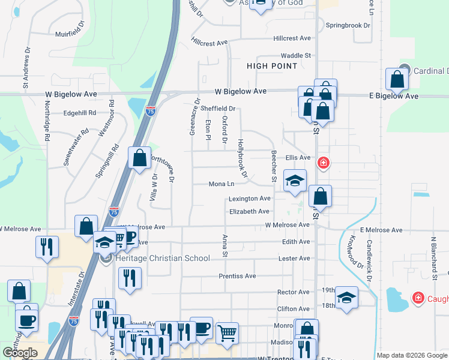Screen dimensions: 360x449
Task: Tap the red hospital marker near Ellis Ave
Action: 324,163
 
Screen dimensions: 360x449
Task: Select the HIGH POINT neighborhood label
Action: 271,66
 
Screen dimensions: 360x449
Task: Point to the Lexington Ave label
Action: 249,199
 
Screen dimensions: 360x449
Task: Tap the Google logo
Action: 20,353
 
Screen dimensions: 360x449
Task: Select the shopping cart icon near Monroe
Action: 227,333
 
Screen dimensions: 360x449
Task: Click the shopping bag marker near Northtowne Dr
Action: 139,159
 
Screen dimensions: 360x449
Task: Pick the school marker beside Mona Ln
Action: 295,181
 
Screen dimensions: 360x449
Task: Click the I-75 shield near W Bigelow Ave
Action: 150,111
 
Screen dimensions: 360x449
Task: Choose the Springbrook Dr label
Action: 348,26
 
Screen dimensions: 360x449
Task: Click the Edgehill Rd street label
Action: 80,113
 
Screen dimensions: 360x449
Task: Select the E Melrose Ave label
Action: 381,230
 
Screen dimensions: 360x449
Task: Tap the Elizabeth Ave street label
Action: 249,212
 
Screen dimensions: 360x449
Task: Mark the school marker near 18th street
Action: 347,298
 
